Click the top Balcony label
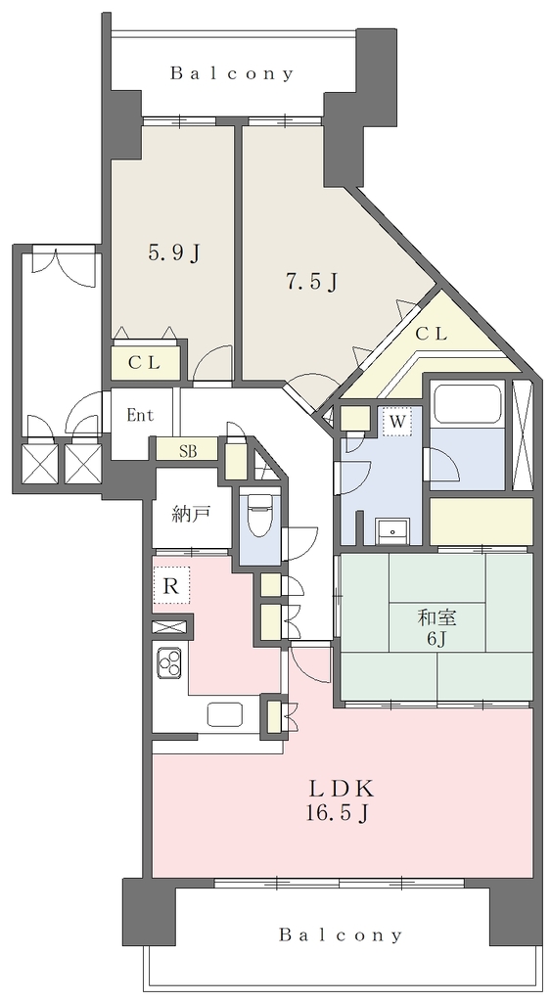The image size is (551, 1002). [x=231, y=73]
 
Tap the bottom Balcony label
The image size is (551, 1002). [x=341, y=935]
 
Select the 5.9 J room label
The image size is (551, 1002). [x=174, y=253]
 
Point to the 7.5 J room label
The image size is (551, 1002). [x=311, y=281]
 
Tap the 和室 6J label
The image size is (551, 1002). [x=437, y=627]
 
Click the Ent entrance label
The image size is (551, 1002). [x=140, y=415]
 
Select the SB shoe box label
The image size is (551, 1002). [x=188, y=451]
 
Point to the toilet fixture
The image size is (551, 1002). [x=259, y=517]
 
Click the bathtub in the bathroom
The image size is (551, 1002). [x=466, y=404]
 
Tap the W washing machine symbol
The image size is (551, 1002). [x=397, y=422]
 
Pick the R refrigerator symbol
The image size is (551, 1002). [x=171, y=586]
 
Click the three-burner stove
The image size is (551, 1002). [x=170, y=662]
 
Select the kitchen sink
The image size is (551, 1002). [x=225, y=714]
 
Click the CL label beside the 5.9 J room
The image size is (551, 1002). [x=145, y=363]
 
